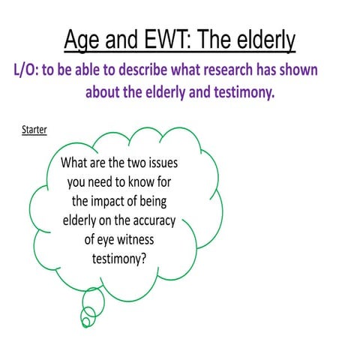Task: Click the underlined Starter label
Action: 34,130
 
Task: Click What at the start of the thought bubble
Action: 76,162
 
